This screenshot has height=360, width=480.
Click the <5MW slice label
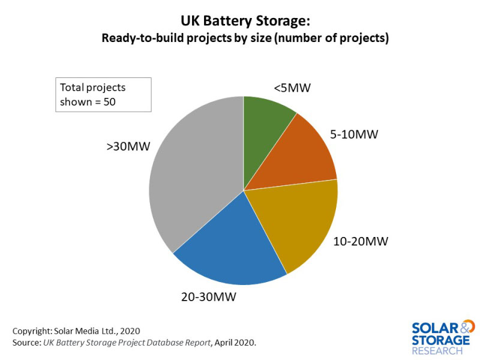click(x=292, y=88)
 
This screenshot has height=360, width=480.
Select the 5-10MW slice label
click(x=354, y=134)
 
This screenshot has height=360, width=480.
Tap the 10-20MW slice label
click(x=361, y=242)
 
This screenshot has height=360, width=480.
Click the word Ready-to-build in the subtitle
click(x=139, y=38)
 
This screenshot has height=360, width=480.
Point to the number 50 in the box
click(x=109, y=101)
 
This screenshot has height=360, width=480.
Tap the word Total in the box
click(x=71, y=87)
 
